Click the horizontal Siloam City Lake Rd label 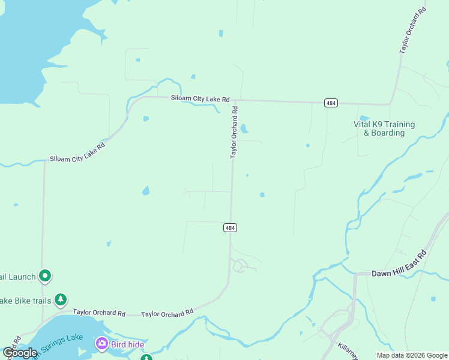(x=200, y=98)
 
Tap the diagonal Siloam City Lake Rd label (x=77, y=153)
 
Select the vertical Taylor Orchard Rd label (x=235, y=133)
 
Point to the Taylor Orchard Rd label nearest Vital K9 (x=414, y=31)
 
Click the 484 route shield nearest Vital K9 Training (x=331, y=103)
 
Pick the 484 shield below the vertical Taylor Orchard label (x=230, y=227)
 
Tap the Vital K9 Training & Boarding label (x=384, y=128)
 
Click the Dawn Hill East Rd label (x=399, y=272)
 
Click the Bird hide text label (x=127, y=344)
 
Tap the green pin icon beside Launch (x=45, y=276)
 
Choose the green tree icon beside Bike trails (x=59, y=299)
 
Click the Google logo (x=20, y=352)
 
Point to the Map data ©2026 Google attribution (x=411, y=355)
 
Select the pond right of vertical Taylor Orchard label (x=244, y=128)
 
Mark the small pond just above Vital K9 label (x=364, y=118)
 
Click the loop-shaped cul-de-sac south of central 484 (x=240, y=265)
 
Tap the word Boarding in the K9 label (x=388, y=133)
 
